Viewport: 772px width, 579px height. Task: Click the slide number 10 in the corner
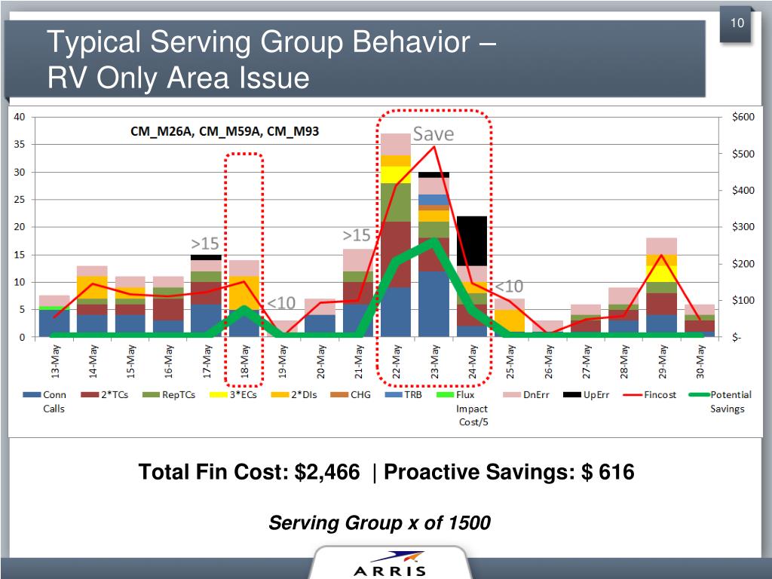737,23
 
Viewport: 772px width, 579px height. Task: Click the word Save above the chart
433,134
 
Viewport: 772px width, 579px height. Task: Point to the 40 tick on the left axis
20,117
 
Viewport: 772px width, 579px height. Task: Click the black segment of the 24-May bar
472,240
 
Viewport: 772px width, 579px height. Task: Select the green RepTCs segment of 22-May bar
396,202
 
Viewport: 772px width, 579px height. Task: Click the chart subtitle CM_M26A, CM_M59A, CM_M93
221,131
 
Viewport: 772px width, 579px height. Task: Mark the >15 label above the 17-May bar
204,244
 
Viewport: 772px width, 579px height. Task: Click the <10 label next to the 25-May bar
509,286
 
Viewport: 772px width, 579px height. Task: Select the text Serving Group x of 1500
380,522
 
